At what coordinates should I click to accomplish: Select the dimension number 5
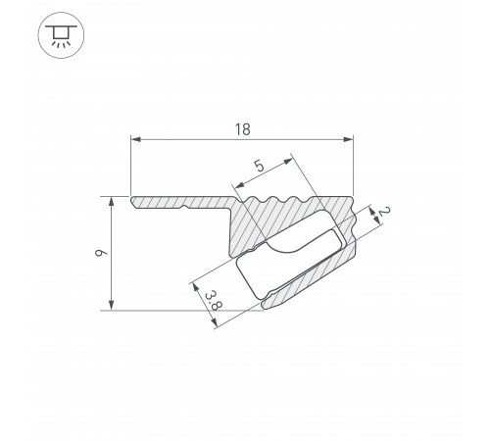coord(258,167)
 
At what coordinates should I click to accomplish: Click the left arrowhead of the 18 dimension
coord(135,141)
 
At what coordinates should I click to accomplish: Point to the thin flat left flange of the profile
coord(176,204)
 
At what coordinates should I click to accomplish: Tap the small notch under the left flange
coord(185,209)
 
